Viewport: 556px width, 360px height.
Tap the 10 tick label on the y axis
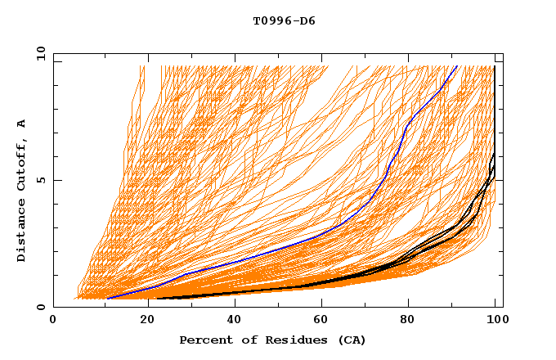[38, 53]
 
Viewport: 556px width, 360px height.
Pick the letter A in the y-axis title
[22, 124]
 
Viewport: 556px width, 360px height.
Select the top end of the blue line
[456, 66]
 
